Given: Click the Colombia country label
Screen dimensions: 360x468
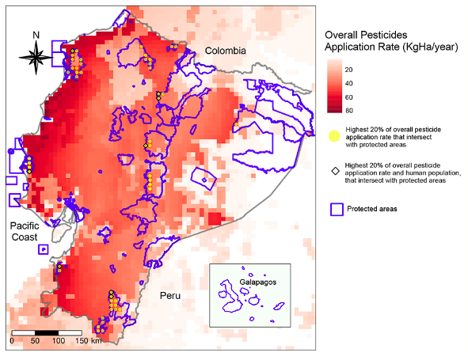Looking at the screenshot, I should tap(226, 51).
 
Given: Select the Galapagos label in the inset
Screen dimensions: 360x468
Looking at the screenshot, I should tap(257, 282).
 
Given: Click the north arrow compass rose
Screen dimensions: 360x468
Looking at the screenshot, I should tap(36, 56).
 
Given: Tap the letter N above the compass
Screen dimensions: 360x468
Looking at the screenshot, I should tap(36, 35).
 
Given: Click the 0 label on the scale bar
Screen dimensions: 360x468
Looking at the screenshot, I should tap(12, 340).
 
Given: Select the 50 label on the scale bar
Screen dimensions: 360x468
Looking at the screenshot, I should tap(34, 340).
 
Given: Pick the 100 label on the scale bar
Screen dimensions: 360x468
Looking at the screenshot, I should tap(58, 340).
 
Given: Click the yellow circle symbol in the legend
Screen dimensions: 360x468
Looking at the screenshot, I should tap(334, 135).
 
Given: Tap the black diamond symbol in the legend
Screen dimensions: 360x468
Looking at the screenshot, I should tap(334, 171).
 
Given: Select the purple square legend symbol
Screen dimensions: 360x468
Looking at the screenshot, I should tap(335, 209).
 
